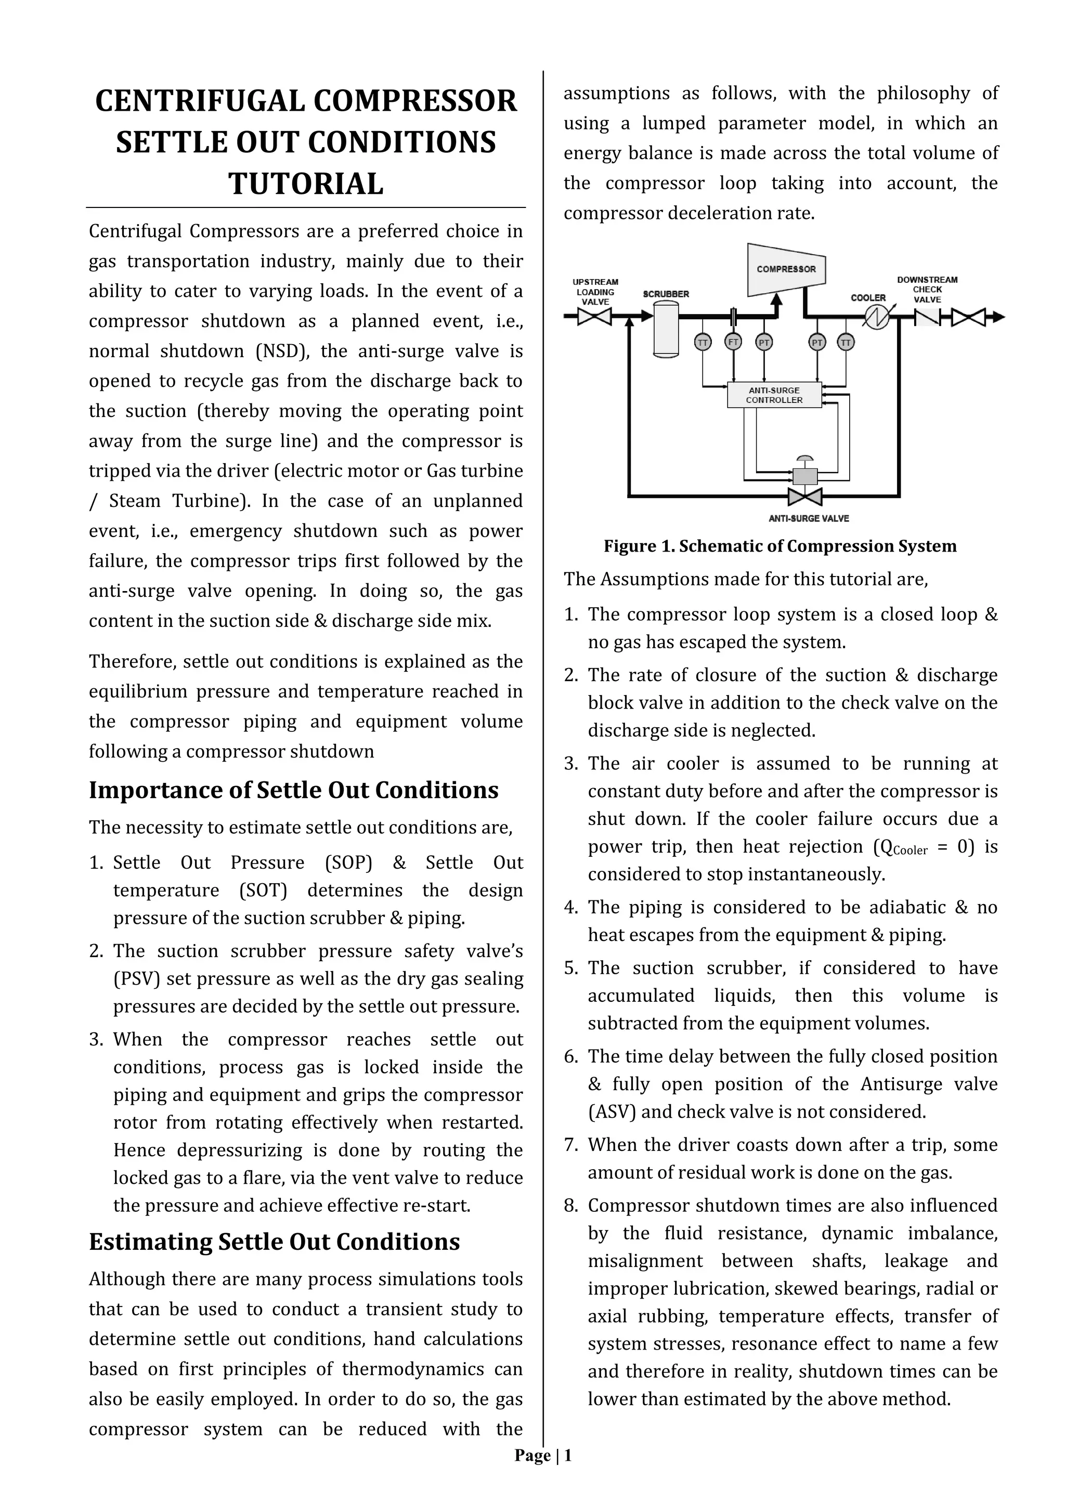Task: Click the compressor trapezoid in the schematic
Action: click(786, 269)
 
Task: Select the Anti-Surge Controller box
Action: click(774, 395)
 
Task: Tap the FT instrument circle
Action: click(733, 342)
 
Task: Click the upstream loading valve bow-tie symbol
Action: click(595, 317)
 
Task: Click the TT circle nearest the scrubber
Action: click(703, 342)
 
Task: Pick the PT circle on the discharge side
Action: click(817, 342)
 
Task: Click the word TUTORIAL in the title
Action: click(306, 184)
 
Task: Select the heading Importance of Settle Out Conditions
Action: click(293, 790)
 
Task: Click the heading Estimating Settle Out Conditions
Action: click(274, 1241)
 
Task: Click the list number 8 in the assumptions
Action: click(570, 1206)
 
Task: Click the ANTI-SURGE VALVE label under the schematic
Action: click(809, 518)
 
